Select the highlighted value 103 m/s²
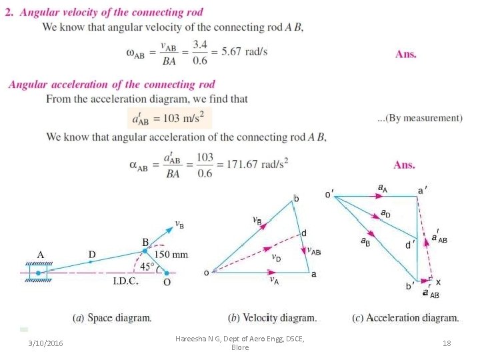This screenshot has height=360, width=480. [x=169, y=119]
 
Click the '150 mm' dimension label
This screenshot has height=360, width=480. [x=171, y=255]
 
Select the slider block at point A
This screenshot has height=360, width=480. [x=39, y=273]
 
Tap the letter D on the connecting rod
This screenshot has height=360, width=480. [x=91, y=254]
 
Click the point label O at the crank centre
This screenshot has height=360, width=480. [x=167, y=282]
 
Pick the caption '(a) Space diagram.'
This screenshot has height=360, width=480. [x=112, y=318]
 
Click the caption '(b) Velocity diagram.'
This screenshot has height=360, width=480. [x=273, y=318]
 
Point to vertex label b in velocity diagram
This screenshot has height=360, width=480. [x=296, y=199]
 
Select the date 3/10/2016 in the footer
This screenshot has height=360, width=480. [x=46, y=343]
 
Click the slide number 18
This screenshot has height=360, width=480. [x=446, y=343]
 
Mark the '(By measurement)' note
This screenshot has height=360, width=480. [x=420, y=118]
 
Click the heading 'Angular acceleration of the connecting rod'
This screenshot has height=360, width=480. [x=111, y=85]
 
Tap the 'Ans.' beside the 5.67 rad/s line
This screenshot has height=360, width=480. [x=405, y=54]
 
